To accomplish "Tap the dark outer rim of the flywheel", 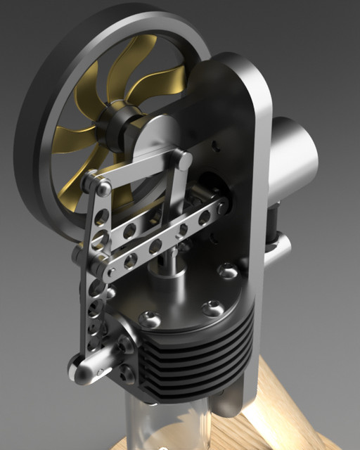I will [x=42, y=91].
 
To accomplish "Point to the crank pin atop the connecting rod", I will [x=184, y=160].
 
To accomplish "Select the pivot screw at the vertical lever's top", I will [x=103, y=188].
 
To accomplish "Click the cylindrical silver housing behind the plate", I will [x=292, y=155].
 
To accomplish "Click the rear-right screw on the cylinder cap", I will [x=229, y=270].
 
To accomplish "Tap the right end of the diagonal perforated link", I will [x=219, y=208].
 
